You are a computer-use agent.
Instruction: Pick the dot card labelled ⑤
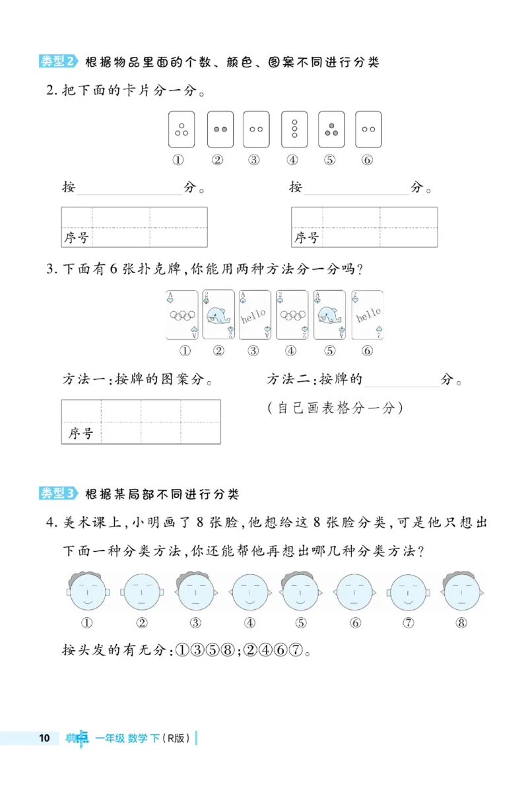tap(331, 129)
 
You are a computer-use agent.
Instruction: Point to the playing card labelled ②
tap(218, 315)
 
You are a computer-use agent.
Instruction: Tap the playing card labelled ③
tap(254, 315)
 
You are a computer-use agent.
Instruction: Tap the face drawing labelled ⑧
tap(462, 590)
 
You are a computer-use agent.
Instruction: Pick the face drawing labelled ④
tap(249, 590)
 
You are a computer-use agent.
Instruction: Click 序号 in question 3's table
tap(81, 433)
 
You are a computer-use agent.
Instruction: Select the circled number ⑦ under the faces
tap(409, 622)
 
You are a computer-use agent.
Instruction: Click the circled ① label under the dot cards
tap(178, 159)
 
